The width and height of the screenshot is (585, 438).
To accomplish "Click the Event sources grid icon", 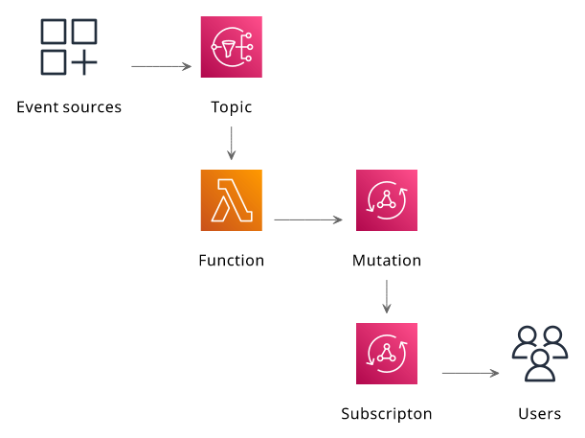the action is [69, 47].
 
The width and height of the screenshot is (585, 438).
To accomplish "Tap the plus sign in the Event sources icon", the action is [84, 62].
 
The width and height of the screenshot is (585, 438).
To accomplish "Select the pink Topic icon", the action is [232, 47].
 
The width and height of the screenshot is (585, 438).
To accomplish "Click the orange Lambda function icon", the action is [232, 200].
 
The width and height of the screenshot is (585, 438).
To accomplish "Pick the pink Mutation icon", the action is [387, 200].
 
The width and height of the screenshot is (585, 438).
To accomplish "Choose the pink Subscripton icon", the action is [387, 354].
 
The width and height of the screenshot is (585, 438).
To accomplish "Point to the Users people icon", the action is [540, 354].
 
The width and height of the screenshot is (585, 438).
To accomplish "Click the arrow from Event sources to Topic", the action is [161, 66].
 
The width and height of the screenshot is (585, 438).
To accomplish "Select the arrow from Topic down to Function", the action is [232, 144].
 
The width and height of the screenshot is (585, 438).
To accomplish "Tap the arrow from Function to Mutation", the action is [308, 219].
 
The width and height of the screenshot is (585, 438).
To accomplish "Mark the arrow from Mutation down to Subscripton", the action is [387, 297].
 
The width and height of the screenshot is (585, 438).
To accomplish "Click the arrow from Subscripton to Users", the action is [470, 373].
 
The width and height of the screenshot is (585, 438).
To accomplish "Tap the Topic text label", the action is [232, 107].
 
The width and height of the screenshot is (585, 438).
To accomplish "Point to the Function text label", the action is [232, 261].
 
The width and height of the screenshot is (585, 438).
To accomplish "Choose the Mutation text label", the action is [387, 261].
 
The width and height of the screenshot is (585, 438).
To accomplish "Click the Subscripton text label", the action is [387, 414].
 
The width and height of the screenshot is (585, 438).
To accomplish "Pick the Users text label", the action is [539, 414].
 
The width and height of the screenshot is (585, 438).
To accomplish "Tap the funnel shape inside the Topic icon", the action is [228, 49].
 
